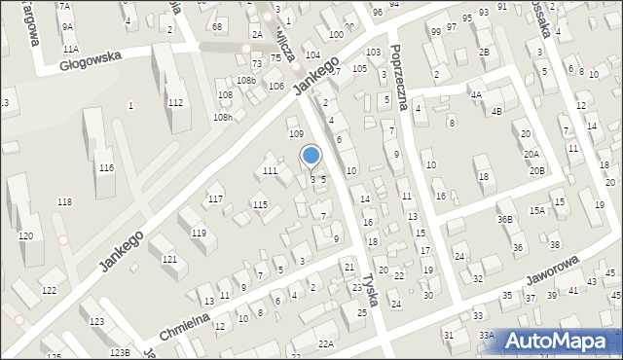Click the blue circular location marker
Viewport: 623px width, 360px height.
pos(311,155)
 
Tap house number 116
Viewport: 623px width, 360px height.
pos(105,168)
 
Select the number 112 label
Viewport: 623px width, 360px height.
pos(176,102)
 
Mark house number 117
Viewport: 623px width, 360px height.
pos(215,198)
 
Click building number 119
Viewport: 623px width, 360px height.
pos(199,234)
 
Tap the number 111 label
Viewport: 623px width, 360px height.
pos(270,171)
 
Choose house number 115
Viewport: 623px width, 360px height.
pos(260,204)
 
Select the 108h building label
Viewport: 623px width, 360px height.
pos(224,118)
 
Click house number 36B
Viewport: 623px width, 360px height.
pos(504,219)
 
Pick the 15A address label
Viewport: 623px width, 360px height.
pos(536,210)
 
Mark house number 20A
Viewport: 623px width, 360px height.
pos(531,154)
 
